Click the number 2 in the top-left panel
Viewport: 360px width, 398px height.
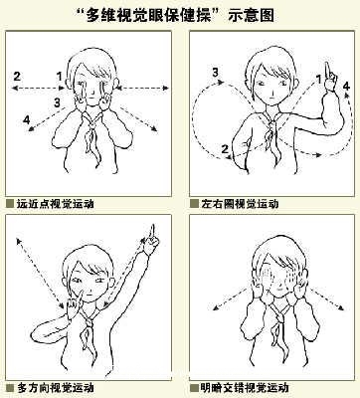(17, 77)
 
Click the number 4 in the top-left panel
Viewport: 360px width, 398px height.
(27, 119)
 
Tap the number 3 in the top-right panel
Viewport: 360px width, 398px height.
(216, 72)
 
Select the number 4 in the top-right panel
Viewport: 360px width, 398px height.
(346, 87)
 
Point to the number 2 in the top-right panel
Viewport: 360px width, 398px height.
(225, 149)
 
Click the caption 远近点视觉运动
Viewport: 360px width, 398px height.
(55, 203)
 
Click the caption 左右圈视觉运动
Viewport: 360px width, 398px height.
(240, 203)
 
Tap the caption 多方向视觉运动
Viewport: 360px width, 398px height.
(55, 387)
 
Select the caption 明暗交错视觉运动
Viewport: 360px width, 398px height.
(245, 387)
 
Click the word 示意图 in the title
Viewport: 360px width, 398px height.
(251, 15)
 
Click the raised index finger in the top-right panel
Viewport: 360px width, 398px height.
(327, 71)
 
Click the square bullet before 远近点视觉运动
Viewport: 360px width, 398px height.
(10, 203)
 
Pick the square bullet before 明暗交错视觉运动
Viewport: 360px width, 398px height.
(194, 387)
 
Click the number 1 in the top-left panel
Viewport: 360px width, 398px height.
(60, 77)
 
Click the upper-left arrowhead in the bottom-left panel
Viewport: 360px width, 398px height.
(19, 241)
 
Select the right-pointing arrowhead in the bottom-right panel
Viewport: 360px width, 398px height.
(342, 307)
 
